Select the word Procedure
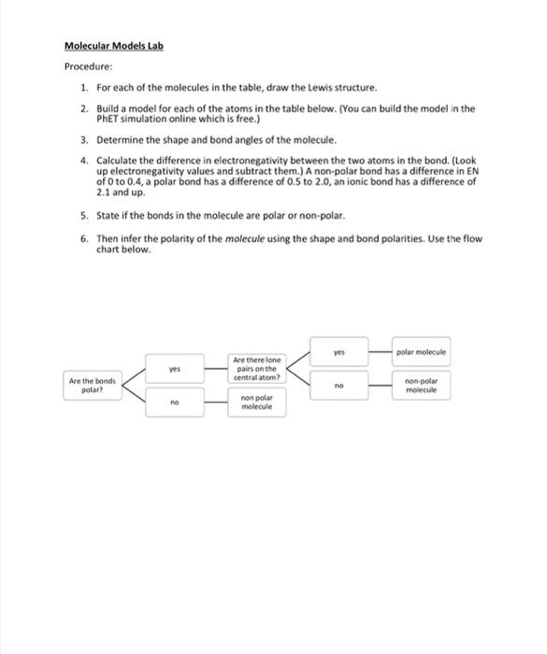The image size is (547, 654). coord(88,66)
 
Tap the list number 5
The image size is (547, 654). coord(83,214)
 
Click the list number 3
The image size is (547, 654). coord(83,139)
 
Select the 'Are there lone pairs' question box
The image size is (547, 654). coord(255,368)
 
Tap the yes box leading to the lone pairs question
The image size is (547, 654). coord(173,369)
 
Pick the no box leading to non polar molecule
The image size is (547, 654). coord(173,404)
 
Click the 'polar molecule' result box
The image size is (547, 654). coord(422,352)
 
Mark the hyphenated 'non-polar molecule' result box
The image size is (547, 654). coord(422,385)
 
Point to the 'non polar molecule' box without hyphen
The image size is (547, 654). coord(255,404)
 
